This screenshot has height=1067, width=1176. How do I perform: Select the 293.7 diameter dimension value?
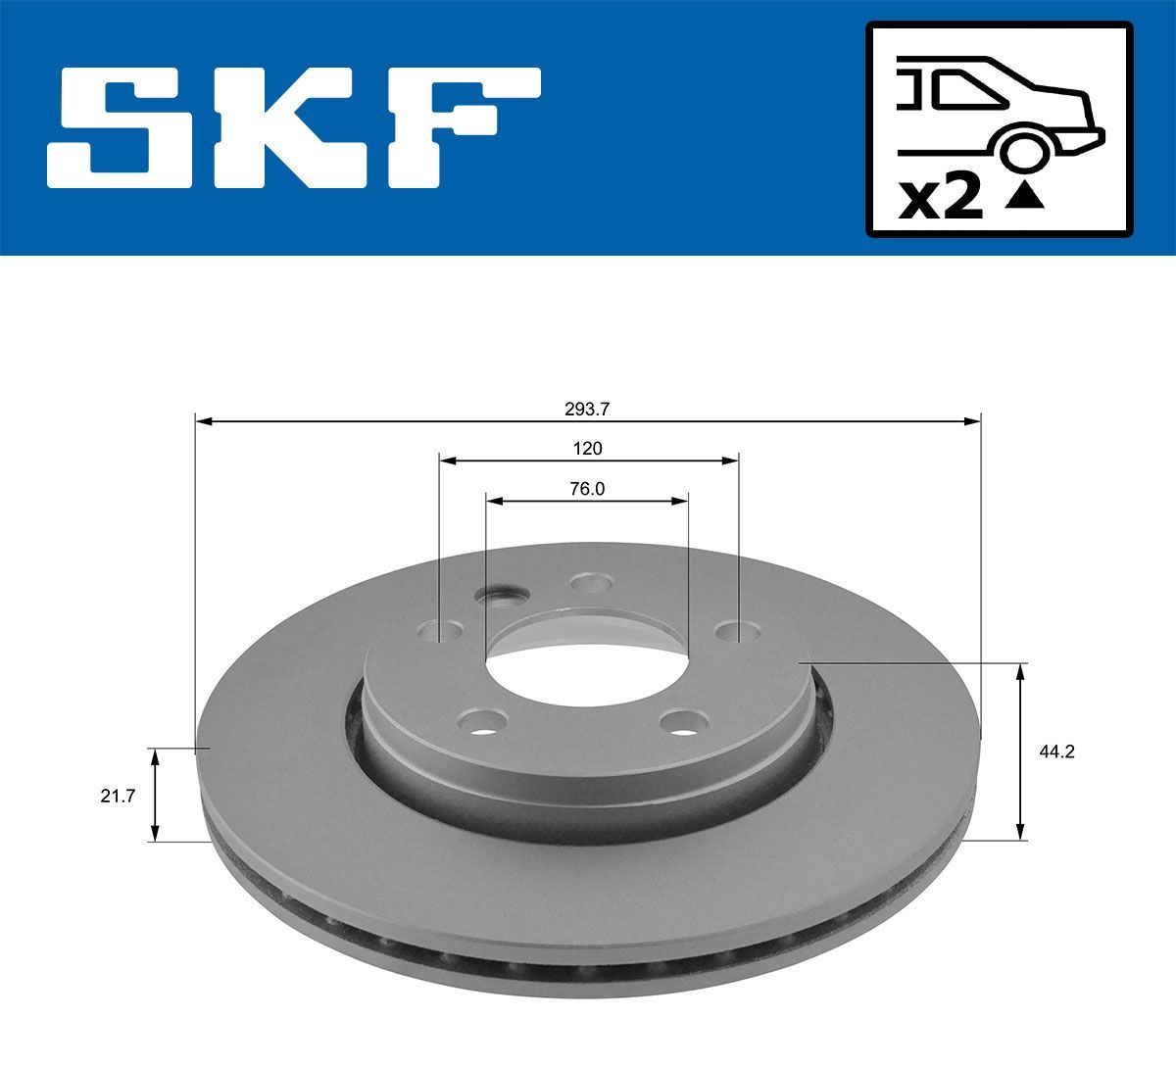pos(587,410)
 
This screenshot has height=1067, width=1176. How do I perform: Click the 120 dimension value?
pos(587,449)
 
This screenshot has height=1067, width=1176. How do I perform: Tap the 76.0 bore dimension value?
pos(587,489)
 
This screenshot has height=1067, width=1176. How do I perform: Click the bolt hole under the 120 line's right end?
pos(737,630)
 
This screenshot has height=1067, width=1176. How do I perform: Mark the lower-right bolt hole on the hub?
pos(684,723)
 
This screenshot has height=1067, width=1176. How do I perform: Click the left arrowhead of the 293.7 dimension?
pos(203,421)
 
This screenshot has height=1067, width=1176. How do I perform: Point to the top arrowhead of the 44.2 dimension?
pos(1021,670)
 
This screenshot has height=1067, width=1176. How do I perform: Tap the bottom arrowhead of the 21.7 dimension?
pos(154,835)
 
